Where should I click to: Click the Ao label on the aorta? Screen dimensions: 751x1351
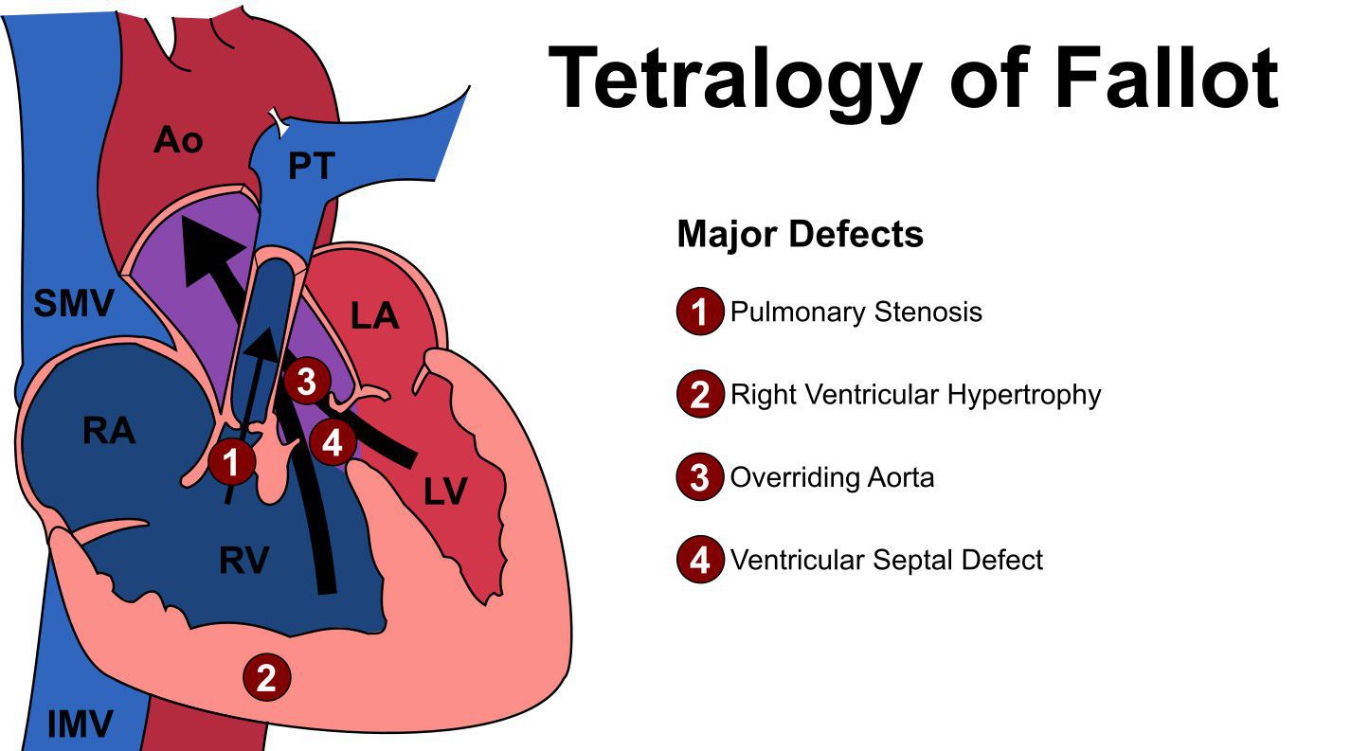(x=178, y=141)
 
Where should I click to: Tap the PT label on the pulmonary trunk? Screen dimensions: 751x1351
(x=311, y=166)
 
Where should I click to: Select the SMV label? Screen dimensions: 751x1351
(x=74, y=305)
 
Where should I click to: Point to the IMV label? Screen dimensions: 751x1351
(x=80, y=724)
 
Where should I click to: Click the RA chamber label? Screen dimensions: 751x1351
(x=109, y=431)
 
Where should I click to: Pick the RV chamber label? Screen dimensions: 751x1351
(x=243, y=561)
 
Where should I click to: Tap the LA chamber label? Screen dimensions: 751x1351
(x=374, y=316)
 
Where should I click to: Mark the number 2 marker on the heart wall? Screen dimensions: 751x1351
(x=267, y=678)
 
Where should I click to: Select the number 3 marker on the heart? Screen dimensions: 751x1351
(x=306, y=383)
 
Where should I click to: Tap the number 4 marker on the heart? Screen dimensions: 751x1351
(x=332, y=442)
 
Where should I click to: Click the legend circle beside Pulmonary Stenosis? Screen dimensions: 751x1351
(x=700, y=312)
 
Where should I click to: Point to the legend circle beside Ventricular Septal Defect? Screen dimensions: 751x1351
(x=700, y=560)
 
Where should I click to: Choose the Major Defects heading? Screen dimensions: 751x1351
(x=800, y=233)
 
